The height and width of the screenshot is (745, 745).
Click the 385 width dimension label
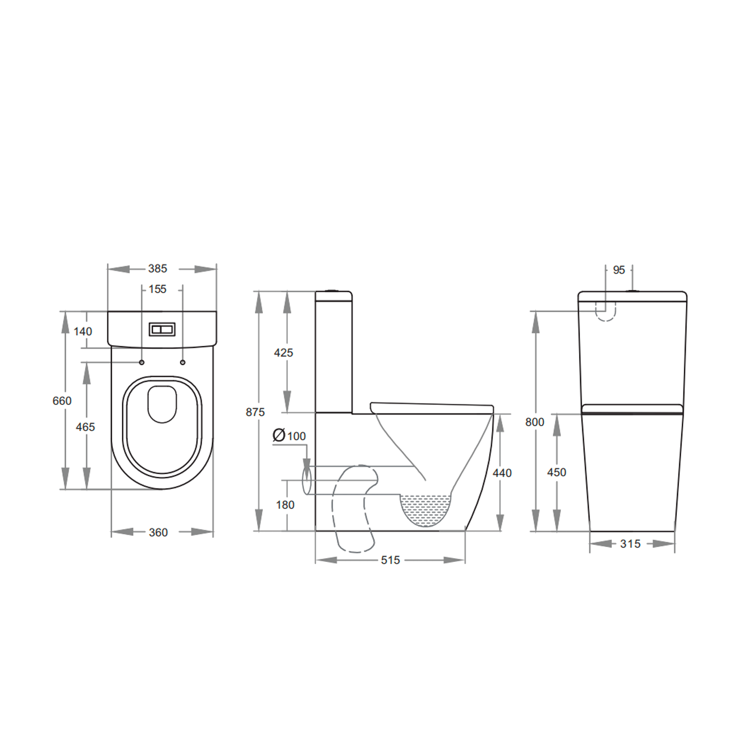pos(158,269)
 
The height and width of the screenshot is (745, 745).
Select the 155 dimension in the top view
pos(158,289)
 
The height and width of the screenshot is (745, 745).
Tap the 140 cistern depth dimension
pos(82,332)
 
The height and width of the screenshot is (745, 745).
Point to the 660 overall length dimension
pos(62,401)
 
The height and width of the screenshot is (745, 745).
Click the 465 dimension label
pos(85,427)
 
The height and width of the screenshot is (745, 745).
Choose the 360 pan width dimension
pos(158,532)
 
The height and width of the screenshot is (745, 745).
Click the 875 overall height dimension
pos(255,412)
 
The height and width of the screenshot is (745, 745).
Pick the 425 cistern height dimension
pos(283,353)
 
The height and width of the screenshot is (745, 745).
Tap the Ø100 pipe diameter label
pos(289,436)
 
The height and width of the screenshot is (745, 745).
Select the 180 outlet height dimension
pos(285,505)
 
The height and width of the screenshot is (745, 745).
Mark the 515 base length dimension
pos(390,560)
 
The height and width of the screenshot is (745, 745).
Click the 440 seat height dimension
pos(502,473)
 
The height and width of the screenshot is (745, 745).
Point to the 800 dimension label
pos(534,422)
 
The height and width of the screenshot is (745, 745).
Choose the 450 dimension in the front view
pos(557,473)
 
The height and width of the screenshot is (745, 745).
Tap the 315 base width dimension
pos(630,544)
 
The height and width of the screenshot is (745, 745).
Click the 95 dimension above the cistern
pos(618,270)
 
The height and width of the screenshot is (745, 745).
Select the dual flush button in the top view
pos(162,329)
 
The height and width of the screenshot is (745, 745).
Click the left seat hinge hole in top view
pos(142,362)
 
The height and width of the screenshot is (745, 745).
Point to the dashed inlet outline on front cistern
pos(605,313)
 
